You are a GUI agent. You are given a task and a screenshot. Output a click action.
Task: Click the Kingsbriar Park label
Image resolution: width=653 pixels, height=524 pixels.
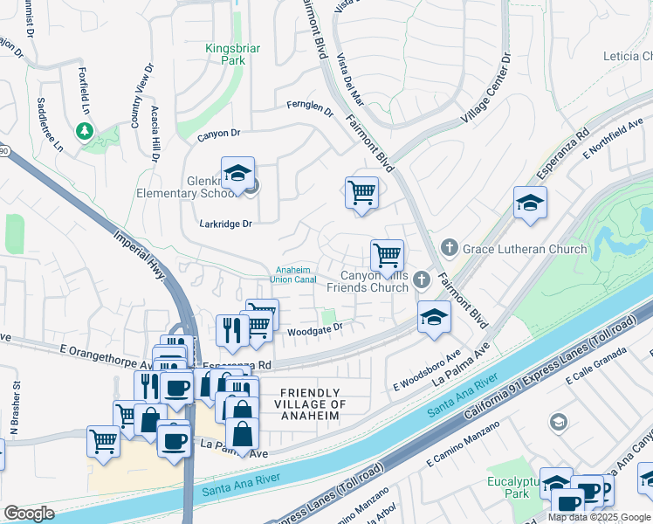pyautogui.click(x=231, y=55)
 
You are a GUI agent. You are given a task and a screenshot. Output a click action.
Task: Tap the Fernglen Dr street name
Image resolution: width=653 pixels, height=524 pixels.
pyautogui.click(x=311, y=107)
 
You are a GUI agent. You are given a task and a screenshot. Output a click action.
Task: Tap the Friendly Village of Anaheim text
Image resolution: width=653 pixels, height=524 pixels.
pyautogui.click(x=310, y=404)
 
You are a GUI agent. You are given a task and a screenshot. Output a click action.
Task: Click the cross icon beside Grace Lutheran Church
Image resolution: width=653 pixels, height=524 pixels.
pyautogui.click(x=450, y=249)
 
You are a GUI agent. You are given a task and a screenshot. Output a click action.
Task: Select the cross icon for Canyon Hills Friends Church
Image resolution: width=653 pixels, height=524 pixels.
pyautogui.click(x=422, y=279)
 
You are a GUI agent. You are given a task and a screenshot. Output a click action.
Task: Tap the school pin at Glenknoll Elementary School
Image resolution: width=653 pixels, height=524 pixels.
pyautogui.click(x=237, y=174)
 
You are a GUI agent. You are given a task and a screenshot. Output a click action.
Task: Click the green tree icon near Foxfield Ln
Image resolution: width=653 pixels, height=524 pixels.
pyautogui.click(x=85, y=131)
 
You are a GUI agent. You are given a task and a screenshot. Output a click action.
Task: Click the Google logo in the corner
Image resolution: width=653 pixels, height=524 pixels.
pyautogui.click(x=29, y=514)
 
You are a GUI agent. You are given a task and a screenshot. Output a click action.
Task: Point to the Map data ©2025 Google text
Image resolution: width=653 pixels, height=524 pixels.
pyautogui.click(x=598, y=517)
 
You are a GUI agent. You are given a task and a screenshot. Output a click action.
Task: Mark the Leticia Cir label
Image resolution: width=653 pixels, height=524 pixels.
pyautogui.click(x=627, y=56)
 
